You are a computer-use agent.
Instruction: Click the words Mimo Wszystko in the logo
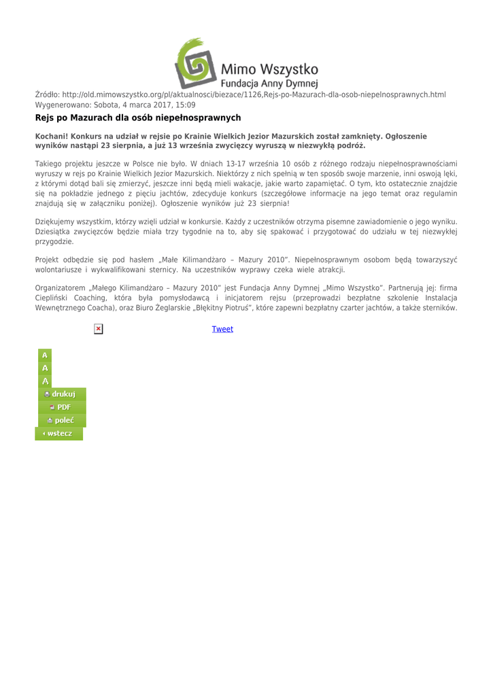pyautogui.click(x=269, y=69)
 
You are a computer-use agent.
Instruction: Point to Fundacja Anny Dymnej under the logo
pyautogui.click(x=270, y=83)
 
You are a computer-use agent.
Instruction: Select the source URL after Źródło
pyautogui.click(x=254, y=94)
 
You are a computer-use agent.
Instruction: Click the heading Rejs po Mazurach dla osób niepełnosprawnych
pyautogui.click(x=138, y=118)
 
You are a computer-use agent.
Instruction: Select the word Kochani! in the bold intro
pyautogui.click(x=51, y=137)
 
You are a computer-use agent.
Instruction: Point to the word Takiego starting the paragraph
pyautogui.click(x=50, y=164)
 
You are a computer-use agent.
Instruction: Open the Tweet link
pyautogui.click(x=222, y=329)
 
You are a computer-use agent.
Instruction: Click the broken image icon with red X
pyautogui.click(x=99, y=329)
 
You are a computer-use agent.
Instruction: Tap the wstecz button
pyautogui.click(x=58, y=434)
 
